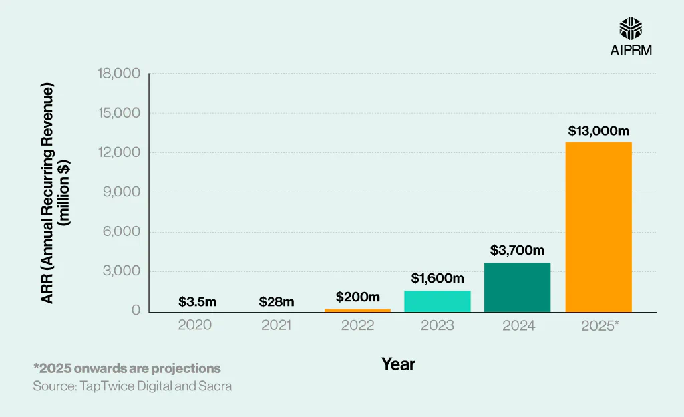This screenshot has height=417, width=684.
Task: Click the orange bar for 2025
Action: [x=598, y=227]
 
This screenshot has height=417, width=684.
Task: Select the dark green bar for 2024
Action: [x=517, y=287]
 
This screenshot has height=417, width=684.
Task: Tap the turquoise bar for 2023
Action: [x=437, y=301]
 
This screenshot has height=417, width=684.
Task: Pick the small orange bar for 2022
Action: [x=357, y=310]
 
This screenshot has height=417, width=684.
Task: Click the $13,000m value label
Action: [x=599, y=131]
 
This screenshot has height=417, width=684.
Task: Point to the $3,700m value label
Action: [x=517, y=251]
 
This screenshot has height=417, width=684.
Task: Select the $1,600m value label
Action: [x=437, y=278]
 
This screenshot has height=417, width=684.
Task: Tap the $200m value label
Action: [x=357, y=297]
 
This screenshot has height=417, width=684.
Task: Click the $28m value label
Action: [x=277, y=302]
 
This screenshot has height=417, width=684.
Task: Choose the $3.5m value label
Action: [x=197, y=302]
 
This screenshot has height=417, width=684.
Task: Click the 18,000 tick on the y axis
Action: [x=118, y=74]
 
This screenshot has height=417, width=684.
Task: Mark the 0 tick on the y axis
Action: [x=136, y=311]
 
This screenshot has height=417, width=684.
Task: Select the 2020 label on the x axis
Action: [x=195, y=325]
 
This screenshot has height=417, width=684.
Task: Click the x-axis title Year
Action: [x=398, y=364]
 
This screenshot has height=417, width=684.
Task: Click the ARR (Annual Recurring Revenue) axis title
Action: [x=47, y=194]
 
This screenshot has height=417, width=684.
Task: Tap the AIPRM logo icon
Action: [x=631, y=29]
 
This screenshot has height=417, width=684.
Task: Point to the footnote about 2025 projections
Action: [x=127, y=368]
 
